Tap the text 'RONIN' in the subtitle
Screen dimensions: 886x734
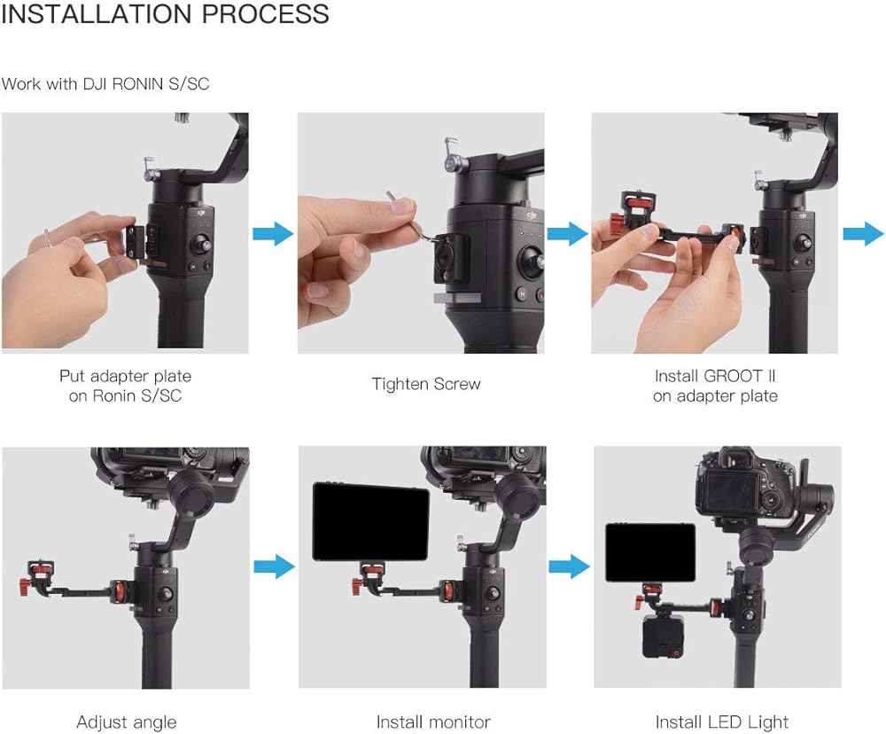point(138,84)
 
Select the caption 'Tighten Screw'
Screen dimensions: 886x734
point(426,384)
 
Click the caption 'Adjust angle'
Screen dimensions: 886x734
point(127,722)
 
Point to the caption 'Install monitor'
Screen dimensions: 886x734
point(433,722)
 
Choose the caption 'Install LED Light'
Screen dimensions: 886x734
point(721,722)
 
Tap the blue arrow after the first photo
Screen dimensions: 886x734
point(273,233)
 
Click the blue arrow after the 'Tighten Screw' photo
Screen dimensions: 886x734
point(568,233)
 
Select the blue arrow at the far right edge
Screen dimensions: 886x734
point(863,233)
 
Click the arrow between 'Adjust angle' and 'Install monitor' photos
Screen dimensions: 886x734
point(274,566)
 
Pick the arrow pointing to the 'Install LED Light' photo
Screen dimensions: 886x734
point(569,566)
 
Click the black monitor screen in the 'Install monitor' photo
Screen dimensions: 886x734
point(370,521)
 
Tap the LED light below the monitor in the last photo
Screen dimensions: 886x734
point(663,636)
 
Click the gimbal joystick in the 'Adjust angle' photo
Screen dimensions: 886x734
point(166,594)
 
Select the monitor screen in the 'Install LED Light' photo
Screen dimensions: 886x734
point(650,553)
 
